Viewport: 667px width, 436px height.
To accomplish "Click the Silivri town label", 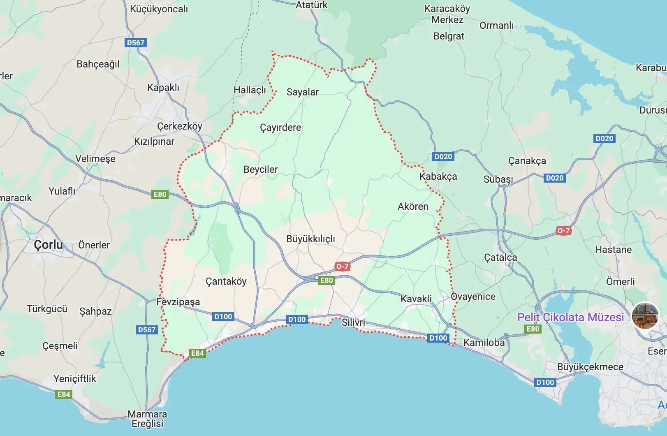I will point(353,322).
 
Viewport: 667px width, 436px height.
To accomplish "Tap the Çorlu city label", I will point(49,245).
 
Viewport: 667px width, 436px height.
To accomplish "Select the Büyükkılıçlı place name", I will point(310,239).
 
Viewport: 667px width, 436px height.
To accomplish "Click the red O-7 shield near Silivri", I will point(342,266).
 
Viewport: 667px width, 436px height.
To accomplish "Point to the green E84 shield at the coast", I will point(197,353).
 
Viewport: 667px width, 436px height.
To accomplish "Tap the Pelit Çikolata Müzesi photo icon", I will point(645,315).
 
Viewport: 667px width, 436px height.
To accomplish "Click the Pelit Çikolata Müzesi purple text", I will point(570,317).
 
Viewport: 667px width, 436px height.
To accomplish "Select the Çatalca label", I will point(500,257).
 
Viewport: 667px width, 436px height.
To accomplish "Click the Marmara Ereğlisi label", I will point(147,419).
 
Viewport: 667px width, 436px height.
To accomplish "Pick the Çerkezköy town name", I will point(180,126).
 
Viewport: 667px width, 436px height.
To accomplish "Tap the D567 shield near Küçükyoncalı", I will point(136,42).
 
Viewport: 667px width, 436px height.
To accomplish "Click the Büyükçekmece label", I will point(590,367).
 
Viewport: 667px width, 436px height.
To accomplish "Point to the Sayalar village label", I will point(302,92).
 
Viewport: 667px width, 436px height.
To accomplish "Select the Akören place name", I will point(413,206).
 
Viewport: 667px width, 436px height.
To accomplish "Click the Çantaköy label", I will point(226,281).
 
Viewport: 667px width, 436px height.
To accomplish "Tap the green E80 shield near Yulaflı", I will point(160,194).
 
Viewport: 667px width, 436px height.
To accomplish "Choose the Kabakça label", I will point(438,176).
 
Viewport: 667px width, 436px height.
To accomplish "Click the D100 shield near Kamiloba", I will point(438,338).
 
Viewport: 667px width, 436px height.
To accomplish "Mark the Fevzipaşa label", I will point(178,302).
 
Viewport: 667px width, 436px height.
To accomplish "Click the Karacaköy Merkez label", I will point(447,14).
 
